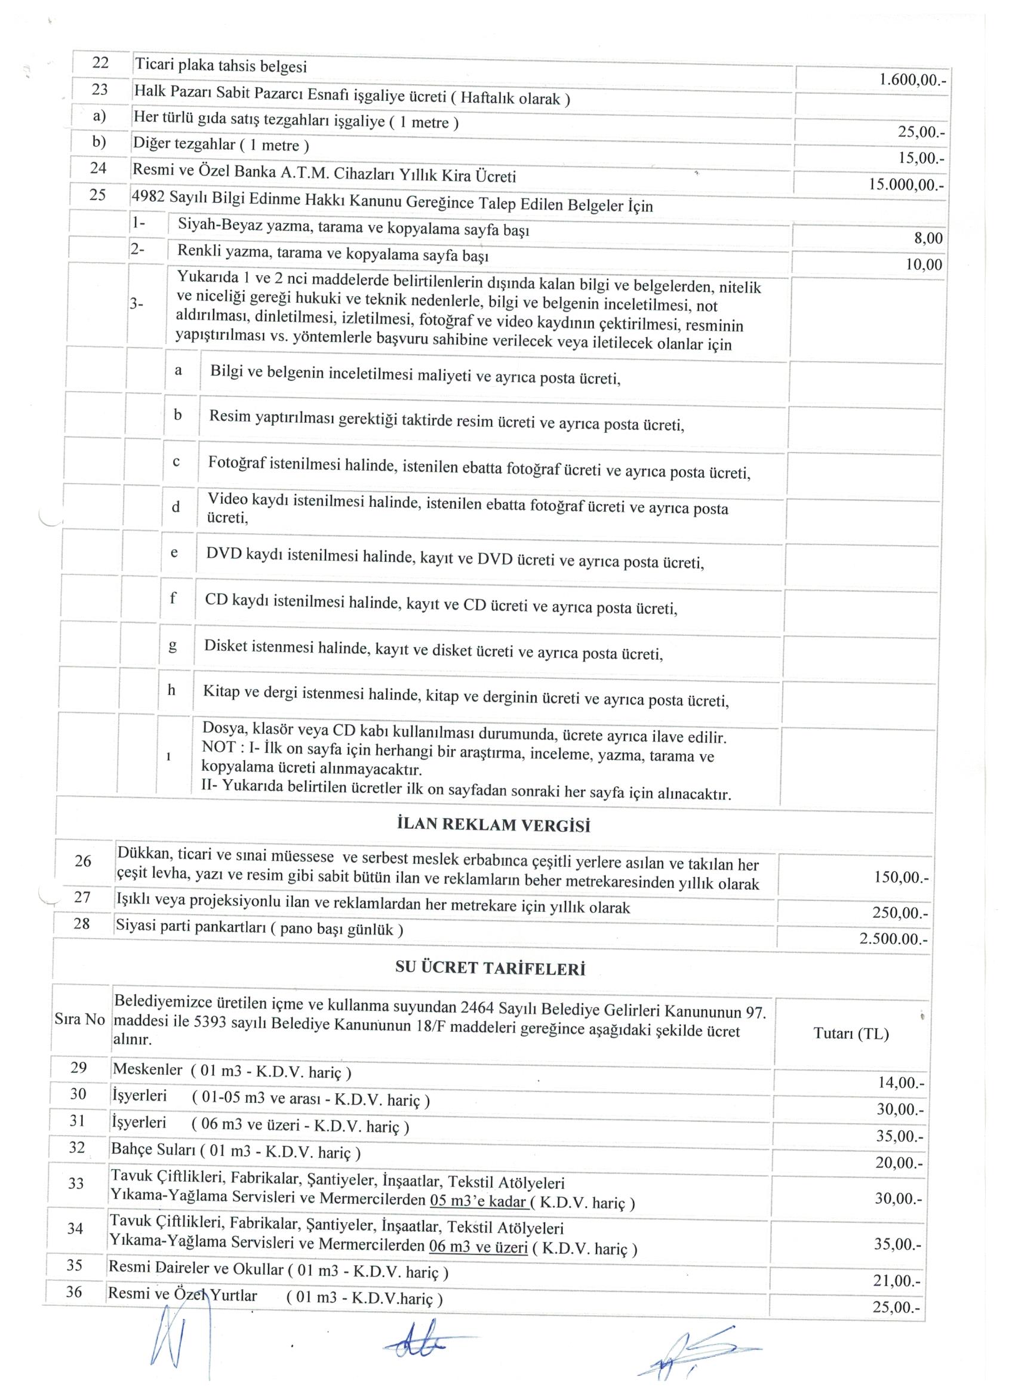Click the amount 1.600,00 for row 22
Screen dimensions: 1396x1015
click(x=912, y=81)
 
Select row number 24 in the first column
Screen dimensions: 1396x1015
click(x=99, y=168)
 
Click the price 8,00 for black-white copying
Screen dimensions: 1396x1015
click(x=928, y=239)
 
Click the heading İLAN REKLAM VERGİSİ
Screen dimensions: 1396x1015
click(x=494, y=825)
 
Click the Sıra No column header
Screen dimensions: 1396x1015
click(x=79, y=1020)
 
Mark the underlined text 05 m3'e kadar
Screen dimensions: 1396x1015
click(x=477, y=1201)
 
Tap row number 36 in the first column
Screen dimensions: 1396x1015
click(x=74, y=1292)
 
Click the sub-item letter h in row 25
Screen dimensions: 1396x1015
click(x=172, y=691)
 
